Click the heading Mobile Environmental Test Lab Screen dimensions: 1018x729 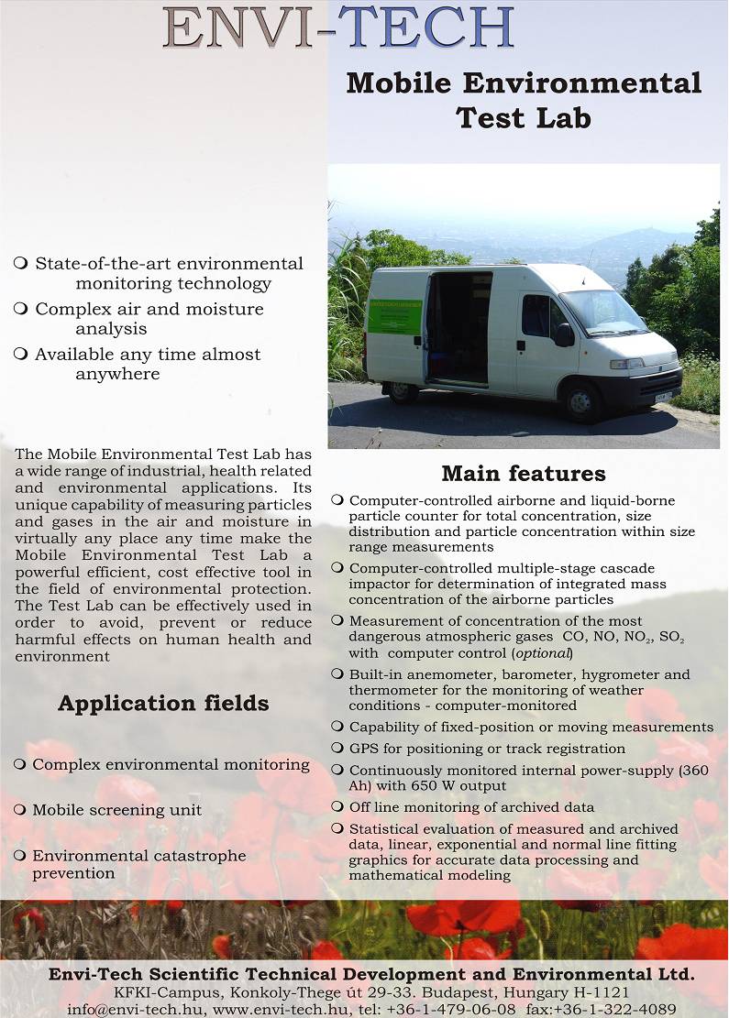point(524,100)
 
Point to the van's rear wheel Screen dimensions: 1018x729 point(402,391)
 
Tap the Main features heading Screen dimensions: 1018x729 point(524,474)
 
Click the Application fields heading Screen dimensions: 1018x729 point(163,703)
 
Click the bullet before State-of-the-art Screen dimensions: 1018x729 point(20,264)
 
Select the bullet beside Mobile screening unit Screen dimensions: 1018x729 point(19,810)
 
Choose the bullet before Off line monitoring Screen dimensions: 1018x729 point(337,807)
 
